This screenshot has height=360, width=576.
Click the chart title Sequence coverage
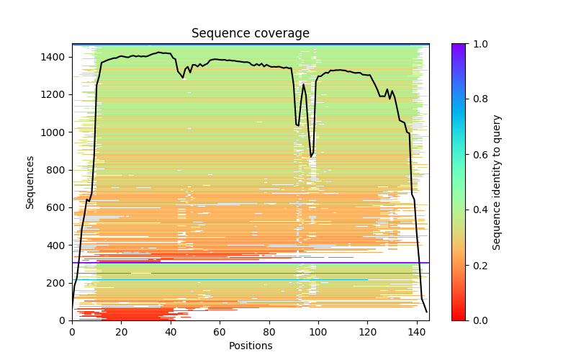pos(250,34)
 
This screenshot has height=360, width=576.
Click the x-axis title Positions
pos(250,346)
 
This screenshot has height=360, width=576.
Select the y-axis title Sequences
pos(30,181)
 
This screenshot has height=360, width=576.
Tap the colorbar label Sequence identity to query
pos(497,181)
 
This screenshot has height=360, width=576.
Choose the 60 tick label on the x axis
pos(220,332)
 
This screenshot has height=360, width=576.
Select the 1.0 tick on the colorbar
pos(466,44)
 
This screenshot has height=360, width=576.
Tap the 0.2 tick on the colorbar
pos(466,265)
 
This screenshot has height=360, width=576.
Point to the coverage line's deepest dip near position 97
pos(311,157)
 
